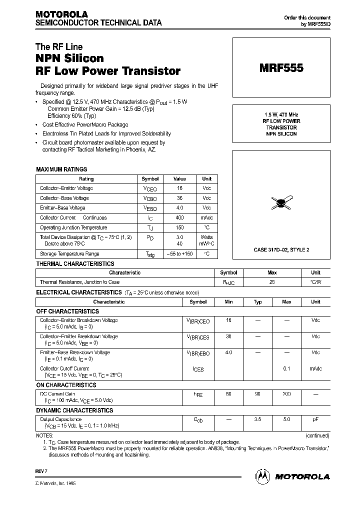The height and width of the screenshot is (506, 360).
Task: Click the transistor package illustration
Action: [281, 202]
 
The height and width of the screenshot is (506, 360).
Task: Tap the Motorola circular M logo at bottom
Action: [263, 476]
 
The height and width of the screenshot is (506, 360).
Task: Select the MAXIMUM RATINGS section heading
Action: [61, 169]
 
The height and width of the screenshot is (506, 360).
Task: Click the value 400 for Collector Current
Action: [179, 218]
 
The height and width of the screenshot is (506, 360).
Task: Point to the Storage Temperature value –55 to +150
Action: [179, 254]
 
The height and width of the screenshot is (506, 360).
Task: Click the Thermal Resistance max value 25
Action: [272, 282]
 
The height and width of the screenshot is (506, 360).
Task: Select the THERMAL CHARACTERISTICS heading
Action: [75, 263]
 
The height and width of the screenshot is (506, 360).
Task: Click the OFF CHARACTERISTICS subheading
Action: [67, 311]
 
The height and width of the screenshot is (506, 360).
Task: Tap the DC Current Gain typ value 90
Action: [258, 394]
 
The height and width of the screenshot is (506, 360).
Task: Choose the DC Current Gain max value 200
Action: [286, 394]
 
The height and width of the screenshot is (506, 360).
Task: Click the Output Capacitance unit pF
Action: [315, 419]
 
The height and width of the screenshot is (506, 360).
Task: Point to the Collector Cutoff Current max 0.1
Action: [286, 368]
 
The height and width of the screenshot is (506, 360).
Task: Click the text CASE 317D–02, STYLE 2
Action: [281, 249]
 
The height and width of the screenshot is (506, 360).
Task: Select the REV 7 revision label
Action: [40, 471]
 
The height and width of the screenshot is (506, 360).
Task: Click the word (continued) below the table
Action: [316, 435]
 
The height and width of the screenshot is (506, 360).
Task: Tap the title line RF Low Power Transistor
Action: [108, 71]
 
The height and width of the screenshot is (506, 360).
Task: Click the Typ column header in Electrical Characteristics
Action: [258, 302]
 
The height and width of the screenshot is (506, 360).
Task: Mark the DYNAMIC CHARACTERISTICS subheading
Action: [74, 410]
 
